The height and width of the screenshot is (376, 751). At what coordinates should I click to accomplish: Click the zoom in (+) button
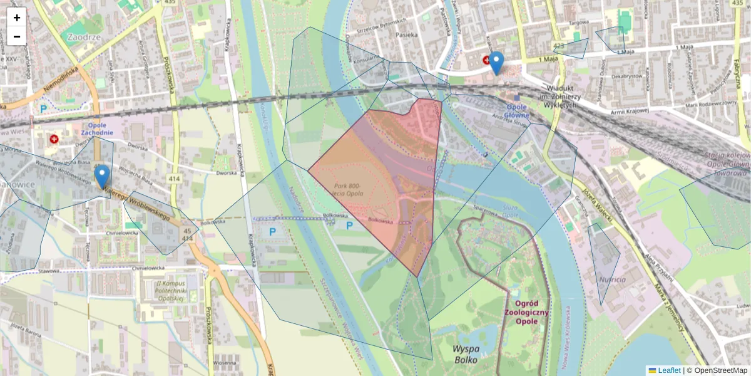click(16, 18)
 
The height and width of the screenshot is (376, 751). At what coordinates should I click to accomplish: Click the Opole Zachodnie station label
click(96, 128)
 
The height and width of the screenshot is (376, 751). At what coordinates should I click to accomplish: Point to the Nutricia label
click(611, 279)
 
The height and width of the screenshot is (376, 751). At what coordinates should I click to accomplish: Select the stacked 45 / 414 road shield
click(186, 234)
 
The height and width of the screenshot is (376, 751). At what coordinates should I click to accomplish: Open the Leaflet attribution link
click(669, 370)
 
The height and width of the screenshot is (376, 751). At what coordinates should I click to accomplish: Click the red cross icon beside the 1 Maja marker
click(486, 60)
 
